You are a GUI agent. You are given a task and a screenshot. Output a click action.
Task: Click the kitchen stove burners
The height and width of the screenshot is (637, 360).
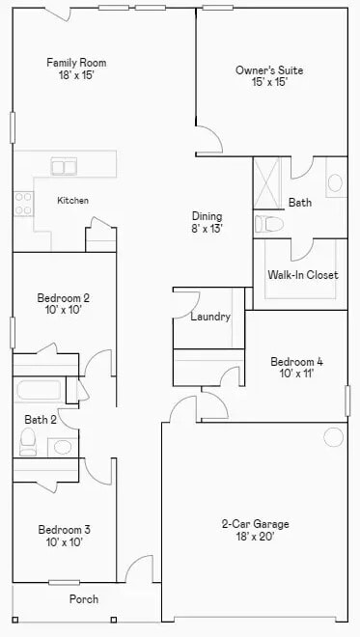tap(22, 202)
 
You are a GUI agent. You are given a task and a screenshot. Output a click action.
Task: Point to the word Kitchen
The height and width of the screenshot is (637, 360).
tap(73, 201)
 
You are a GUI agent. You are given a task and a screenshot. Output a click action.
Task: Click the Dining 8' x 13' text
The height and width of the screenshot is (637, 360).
tap(207, 223)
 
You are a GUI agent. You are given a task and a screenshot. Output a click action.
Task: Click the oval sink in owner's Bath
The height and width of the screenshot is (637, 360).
tap(335, 182)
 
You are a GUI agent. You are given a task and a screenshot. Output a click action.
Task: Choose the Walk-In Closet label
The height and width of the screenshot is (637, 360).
tap(302, 275)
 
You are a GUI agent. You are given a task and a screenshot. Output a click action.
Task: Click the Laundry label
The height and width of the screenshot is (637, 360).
tap(209, 317)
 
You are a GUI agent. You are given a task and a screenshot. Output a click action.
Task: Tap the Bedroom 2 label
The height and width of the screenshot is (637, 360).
tap(64, 304)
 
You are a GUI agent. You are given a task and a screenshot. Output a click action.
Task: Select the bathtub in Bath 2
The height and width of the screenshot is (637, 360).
tap(40, 391)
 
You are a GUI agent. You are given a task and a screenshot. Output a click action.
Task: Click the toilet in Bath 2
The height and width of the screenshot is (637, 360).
tap(28, 443)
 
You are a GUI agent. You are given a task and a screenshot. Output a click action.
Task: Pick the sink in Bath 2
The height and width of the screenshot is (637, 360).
tap(62, 446)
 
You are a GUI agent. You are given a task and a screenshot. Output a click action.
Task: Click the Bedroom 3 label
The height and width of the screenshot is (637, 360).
tap(64, 536)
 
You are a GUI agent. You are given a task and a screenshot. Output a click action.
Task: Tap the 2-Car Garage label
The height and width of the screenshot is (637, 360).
tap(255, 531)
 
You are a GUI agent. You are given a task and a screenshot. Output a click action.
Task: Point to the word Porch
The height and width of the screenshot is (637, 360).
tap(84, 599)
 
